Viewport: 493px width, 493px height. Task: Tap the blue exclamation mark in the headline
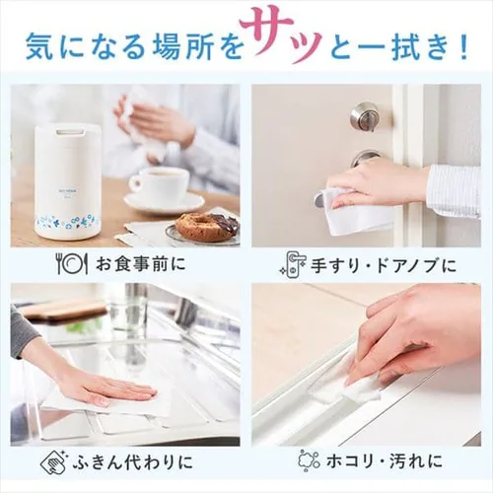(464, 47)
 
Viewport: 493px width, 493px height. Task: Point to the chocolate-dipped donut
(205, 225)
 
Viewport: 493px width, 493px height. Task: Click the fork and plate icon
(71, 264)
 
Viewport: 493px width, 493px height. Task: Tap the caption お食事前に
(141, 264)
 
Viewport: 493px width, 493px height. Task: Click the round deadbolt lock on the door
(364, 114)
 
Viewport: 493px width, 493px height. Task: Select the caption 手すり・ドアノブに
(384, 265)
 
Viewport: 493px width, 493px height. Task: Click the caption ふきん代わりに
(131, 461)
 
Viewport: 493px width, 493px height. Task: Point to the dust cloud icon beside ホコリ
(309, 460)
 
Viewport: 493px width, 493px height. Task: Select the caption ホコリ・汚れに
(385, 461)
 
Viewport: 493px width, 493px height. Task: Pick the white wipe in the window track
(362, 390)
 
